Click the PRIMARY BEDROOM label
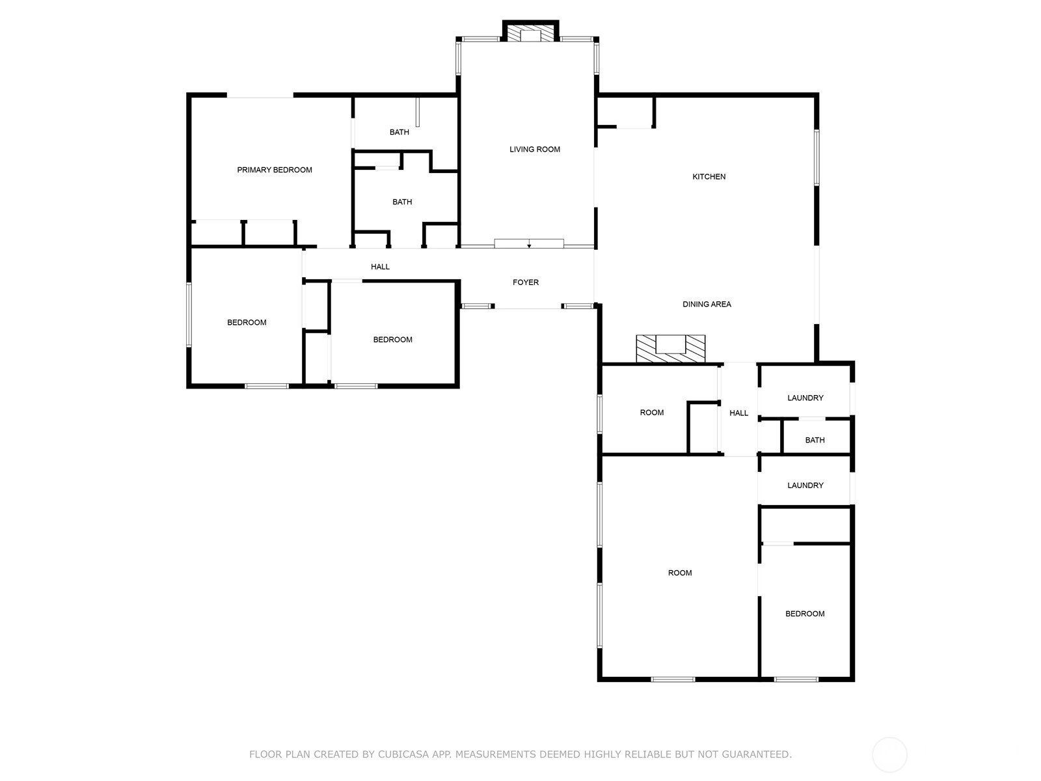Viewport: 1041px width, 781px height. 274,170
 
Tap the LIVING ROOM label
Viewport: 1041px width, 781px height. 535,150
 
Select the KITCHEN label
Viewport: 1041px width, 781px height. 709,176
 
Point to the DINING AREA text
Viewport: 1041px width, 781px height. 707,304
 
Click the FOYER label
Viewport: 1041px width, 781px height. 526,282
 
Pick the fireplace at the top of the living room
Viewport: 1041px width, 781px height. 530,31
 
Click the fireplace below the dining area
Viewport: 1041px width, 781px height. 671,349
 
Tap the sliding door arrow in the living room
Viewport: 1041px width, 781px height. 529,245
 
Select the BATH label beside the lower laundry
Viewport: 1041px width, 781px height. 815,440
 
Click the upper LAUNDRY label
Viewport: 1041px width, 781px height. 805,398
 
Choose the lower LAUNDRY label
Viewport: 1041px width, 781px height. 805,485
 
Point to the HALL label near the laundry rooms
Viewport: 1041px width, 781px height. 738,413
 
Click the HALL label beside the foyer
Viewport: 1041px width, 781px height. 380,267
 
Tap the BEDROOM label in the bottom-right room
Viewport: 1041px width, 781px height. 805,614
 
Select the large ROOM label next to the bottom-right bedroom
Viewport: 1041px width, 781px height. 680,573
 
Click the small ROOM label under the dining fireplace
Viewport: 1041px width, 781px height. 652,413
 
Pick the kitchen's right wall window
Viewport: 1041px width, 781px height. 817,158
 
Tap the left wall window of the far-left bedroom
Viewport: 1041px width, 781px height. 189,315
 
